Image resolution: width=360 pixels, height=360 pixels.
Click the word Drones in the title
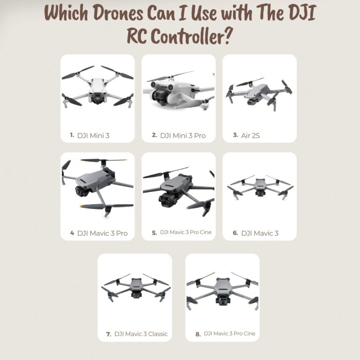coord(115,14)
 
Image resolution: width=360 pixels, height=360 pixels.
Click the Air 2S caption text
coord(250,135)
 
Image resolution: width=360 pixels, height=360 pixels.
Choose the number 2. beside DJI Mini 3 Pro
coord(154,135)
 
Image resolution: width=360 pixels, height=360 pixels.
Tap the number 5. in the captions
coord(154,232)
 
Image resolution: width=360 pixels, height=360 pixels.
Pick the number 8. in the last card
coord(198,334)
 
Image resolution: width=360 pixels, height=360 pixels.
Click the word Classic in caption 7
coord(157,334)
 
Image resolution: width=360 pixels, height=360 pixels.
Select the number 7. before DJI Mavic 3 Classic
coord(109,334)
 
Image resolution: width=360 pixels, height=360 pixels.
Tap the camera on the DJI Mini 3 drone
coord(97,98)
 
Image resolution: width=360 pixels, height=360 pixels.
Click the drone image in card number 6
coord(259,187)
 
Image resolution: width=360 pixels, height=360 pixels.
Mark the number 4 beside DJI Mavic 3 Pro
coord(72,232)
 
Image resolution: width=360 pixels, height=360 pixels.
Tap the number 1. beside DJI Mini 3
coord(72,135)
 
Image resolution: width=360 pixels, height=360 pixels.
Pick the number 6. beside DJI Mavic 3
coord(235,233)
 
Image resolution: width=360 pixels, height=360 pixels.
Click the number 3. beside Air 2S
coord(235,135)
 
